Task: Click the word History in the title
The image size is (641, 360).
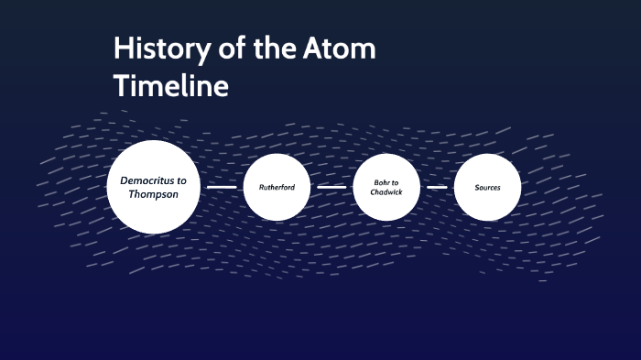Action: click(158, 49)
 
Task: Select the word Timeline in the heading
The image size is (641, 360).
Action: click(170, 86)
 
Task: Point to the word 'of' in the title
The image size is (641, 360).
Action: click(223, 49)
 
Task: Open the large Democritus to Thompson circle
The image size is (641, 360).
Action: click(154, 187)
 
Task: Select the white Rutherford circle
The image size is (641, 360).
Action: click(277, 187)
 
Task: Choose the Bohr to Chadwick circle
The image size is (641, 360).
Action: click(386, 187)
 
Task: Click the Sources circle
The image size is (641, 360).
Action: click(487, 187)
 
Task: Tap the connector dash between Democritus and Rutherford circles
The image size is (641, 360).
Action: click(222, 187)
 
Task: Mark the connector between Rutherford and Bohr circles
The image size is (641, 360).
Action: click(331, 187)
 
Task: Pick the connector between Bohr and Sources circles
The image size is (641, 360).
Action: click(437, 187)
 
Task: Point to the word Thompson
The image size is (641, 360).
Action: click(153, 194)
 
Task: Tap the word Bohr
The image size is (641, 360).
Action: click(379, 181)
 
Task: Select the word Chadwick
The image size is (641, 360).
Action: click(386, 192)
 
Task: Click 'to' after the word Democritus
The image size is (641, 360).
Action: click(181, 180)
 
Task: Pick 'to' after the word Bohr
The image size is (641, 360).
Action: click(395, 181)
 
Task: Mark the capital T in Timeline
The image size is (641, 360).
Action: click(120, 86)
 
